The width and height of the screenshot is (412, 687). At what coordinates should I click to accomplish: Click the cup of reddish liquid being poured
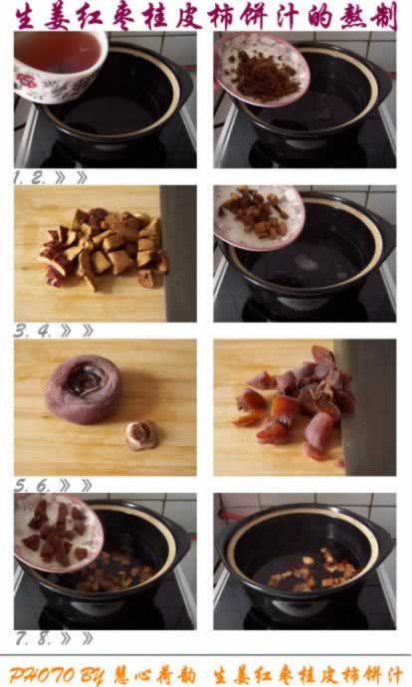59,66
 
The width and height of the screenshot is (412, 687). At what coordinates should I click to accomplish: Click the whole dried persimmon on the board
84,388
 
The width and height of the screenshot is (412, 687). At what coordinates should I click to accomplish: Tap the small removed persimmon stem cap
141,435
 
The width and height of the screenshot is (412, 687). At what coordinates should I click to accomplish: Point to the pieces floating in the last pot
313,570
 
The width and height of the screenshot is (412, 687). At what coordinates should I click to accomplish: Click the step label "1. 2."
29,178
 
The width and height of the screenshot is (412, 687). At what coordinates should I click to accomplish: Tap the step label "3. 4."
33,331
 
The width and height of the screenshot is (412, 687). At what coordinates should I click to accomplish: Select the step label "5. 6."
33,485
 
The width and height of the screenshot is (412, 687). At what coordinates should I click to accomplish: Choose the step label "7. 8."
34,638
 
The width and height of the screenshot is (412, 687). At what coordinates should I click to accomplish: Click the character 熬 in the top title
352,16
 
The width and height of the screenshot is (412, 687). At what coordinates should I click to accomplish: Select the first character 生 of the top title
26,16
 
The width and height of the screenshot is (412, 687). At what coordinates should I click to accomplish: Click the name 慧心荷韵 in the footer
155,675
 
